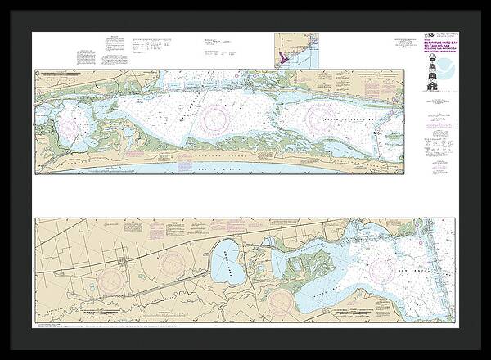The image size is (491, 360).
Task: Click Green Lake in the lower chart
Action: [227, 267]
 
